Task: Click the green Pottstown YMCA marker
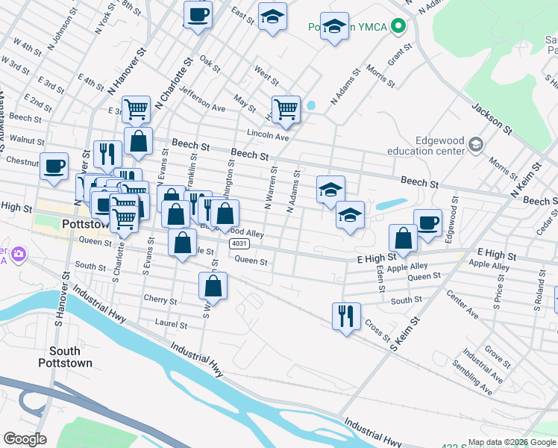click(398, 27)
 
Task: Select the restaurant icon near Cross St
click(346, 316)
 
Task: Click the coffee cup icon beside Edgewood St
click(427, 223)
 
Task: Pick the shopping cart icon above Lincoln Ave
click(286, 110)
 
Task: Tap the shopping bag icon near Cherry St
click(213, 285)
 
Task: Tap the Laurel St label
click(171, 324)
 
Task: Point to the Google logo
click(25, 438)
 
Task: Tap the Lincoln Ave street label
click(272, 137)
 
